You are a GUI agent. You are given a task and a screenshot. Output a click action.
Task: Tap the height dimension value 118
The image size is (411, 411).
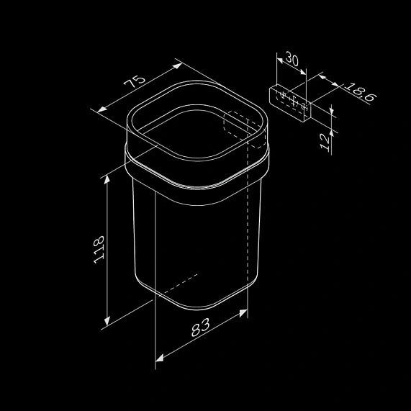point(99,249)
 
